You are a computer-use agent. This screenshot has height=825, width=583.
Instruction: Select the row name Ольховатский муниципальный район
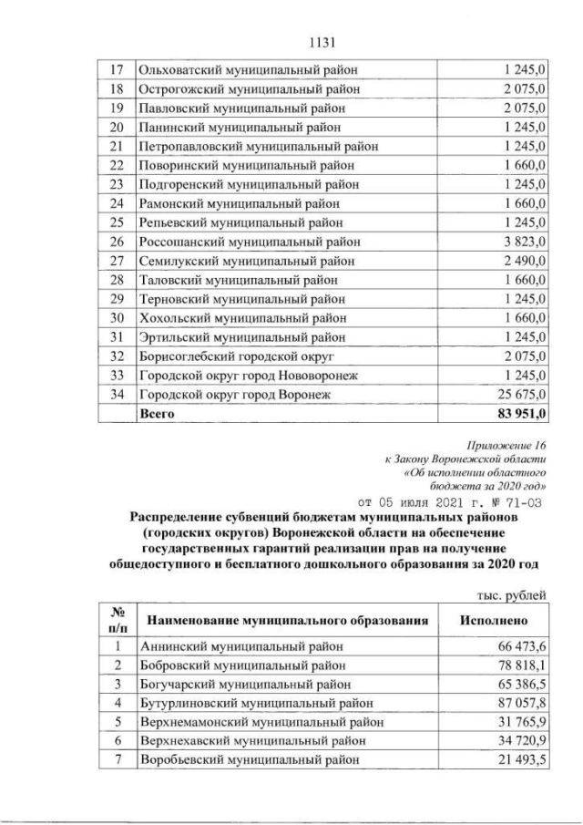point(248,70)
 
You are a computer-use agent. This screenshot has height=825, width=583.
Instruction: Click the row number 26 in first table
point(116,242)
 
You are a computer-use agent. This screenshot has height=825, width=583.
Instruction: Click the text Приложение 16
point(505,448)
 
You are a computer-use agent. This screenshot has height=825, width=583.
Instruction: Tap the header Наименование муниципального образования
point(286,620)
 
